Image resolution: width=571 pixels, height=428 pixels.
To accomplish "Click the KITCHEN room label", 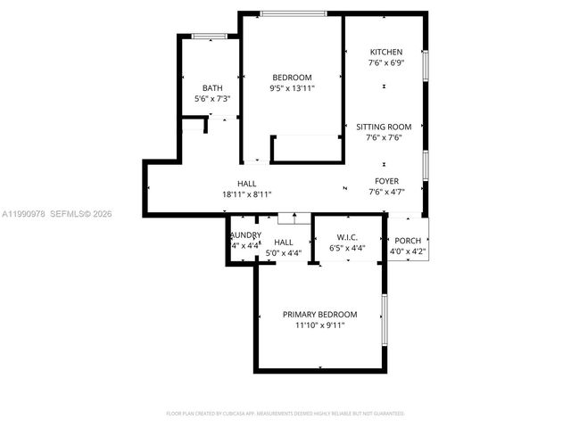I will pyautogui.click(x=385, y=53).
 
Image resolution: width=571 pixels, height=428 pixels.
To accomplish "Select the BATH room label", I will pyautogui.click(x=212, y=87).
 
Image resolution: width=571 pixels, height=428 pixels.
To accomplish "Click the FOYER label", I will pyautogui.click(x=386, y=181).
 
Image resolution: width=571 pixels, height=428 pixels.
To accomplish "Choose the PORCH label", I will pyautogui.click(x=408, y=241).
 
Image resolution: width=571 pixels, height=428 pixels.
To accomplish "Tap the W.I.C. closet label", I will pyautogui.click(x=347, y=236).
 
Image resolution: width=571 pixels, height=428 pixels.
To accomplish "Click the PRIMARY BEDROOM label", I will pyautogui.click(x=319, y=315).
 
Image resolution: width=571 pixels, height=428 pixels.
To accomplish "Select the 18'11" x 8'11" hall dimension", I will pyautogui.click(x=247, y=194).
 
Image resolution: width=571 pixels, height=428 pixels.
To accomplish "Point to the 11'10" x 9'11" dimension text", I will pyautogui.click(x=319, y=326).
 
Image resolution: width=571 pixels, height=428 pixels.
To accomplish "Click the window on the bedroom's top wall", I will pyautogui.click(x=293, y=12).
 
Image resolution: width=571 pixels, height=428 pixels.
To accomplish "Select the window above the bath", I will pyautogui.click(x=209, y=36).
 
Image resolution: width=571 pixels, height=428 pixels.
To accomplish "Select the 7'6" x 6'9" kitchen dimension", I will pyautogui.click(x=385, y=63).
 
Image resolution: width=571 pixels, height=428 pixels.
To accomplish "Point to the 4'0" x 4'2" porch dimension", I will pyautogui.click(x=408, y=252).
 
